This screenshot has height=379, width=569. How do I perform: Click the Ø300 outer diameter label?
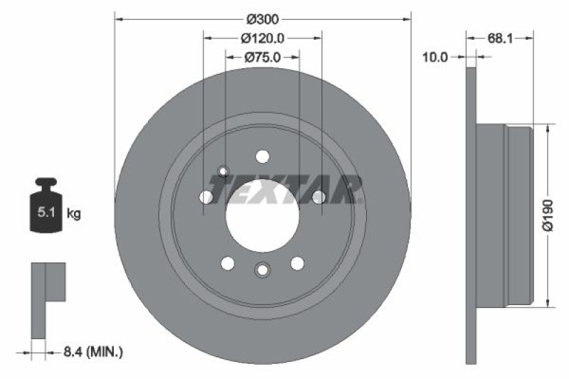(x=262, y=18)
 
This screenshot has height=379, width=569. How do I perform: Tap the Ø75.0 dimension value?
(x=262, y=58)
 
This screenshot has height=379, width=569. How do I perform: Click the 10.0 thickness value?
(x=435, y=58)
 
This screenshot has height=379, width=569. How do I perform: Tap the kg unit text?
(x=73, y=212)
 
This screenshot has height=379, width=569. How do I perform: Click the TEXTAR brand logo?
(x=284, y=189)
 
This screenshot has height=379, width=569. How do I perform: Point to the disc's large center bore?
(x=262, y=213)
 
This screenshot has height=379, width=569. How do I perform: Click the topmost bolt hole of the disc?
(x=262, y=157)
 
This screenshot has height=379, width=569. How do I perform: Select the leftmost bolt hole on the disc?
(x=206, y=197)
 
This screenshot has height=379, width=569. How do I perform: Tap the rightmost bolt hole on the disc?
(x=319, y=196)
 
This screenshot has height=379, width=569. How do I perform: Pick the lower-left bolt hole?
(x=228, y=264)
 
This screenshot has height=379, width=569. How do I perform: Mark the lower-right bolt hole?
(x=297, y=264)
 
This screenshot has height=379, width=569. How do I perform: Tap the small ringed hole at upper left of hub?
(x=223, y=171)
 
